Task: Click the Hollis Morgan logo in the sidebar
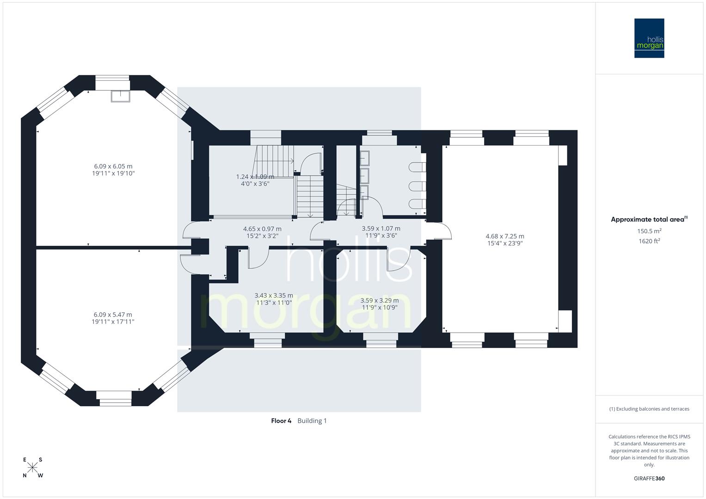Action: (x=649, y=38)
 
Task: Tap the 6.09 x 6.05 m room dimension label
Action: (x=113, y=170)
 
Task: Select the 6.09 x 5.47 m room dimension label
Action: (x=113, y=318)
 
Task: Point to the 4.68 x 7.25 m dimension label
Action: (x=505, y=240)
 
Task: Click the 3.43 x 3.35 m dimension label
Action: (x=274, y=299)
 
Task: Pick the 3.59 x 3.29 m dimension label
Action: (x=379, y=304)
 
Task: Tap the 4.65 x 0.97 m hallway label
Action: (x=262, y=232)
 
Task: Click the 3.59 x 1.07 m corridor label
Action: (x=381, y=232)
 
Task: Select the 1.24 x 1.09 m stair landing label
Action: (x=255, y=180)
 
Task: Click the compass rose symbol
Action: (x=32, y=468)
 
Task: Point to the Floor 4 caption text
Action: (x=281, y=421)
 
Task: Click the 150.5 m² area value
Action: (x=649, y=231)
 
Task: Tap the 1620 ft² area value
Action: (x=649, y=241)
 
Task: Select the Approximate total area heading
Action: (x=649, y=219)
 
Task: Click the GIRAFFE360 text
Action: (x=649, y=479)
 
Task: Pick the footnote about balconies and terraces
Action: (x=649, y=409)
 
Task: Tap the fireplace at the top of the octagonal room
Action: (x=120, y=96)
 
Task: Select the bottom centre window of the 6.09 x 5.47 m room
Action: (x=116, y=398)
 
